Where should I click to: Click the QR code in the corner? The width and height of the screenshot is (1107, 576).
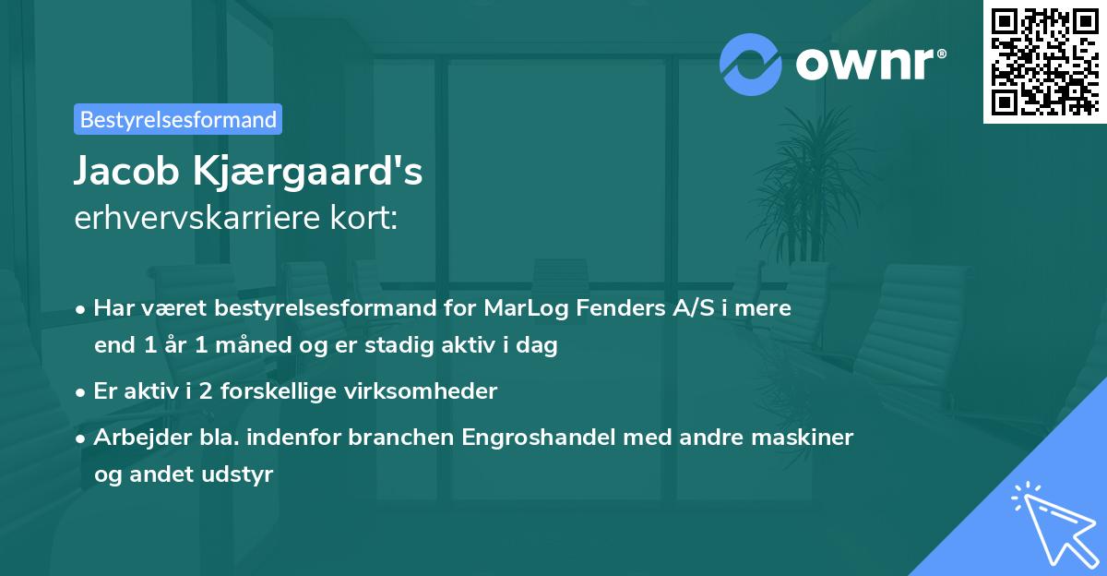[1044, 61]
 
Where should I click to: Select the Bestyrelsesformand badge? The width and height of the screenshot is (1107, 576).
[177, 119]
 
